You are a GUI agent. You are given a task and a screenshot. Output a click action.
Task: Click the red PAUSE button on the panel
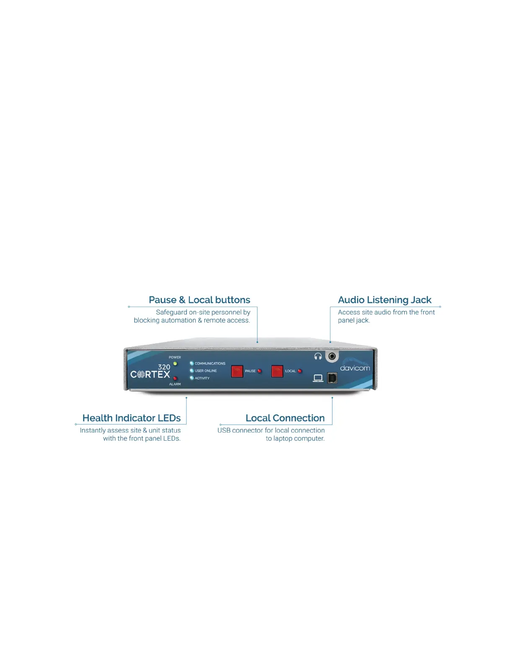[x=237, y=371]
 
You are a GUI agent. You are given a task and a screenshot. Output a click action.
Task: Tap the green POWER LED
[x=175, y=363]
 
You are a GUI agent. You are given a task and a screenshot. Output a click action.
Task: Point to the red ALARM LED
[x=175, y=379]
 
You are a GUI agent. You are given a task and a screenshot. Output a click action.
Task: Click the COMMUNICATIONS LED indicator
[x=192, y=363]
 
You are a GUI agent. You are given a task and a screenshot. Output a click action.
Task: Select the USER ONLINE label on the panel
[x=206, y=371]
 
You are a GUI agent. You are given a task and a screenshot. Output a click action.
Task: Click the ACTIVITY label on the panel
[x=202, y=378]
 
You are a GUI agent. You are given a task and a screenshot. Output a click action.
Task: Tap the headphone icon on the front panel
[x=318, y=356]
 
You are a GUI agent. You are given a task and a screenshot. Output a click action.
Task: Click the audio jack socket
[x=332, y=356]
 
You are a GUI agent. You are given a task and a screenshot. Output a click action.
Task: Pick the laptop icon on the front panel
[x=318, y=378]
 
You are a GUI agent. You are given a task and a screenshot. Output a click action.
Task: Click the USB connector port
[x=332, y=378]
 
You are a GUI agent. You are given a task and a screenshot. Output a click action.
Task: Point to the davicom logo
[x=355, y=368]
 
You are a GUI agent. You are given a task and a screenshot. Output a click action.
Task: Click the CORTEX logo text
[x=150, y=374]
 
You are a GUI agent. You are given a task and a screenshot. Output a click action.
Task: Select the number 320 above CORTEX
[x=164, y=367]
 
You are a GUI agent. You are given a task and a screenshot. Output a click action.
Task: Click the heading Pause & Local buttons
[x=199, y=300]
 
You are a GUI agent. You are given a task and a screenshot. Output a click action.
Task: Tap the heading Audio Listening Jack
[x=384, y=300]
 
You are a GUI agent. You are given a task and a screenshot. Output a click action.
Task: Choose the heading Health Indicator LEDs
[x=132, y=418]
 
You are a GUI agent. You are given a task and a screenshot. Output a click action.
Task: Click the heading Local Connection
[x=285, y=418]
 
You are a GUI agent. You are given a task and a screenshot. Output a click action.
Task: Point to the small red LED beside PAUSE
[x=259, y=371]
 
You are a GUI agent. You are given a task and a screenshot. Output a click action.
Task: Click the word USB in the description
[x=224, y=431]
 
